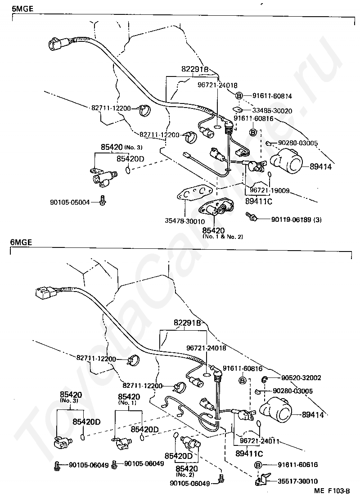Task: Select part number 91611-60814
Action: point(272,96)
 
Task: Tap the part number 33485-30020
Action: point(272,111)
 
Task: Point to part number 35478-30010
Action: point(185,221)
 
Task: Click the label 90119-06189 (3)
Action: point(296,219)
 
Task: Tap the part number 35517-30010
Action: point(297,481)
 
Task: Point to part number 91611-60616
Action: point(297,465)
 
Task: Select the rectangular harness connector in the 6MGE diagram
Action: point(44,293)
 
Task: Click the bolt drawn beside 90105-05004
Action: point(103,201)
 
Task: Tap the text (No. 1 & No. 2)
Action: point(222,237)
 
